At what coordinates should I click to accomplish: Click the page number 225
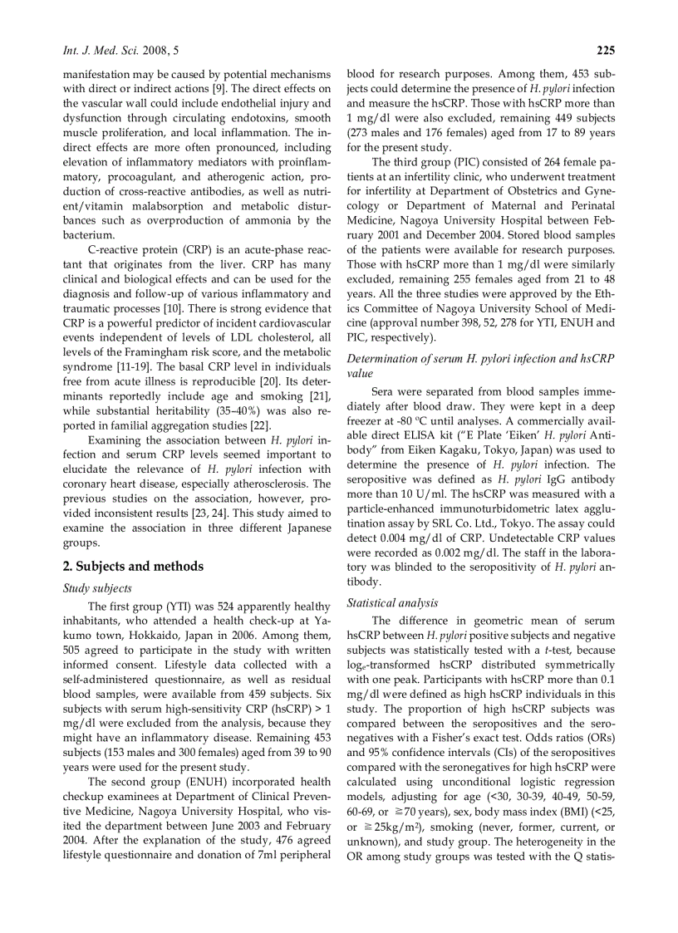coord(605,52)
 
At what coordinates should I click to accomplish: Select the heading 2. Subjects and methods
coord(133,566)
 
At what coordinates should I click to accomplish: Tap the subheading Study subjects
coord(97,588)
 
